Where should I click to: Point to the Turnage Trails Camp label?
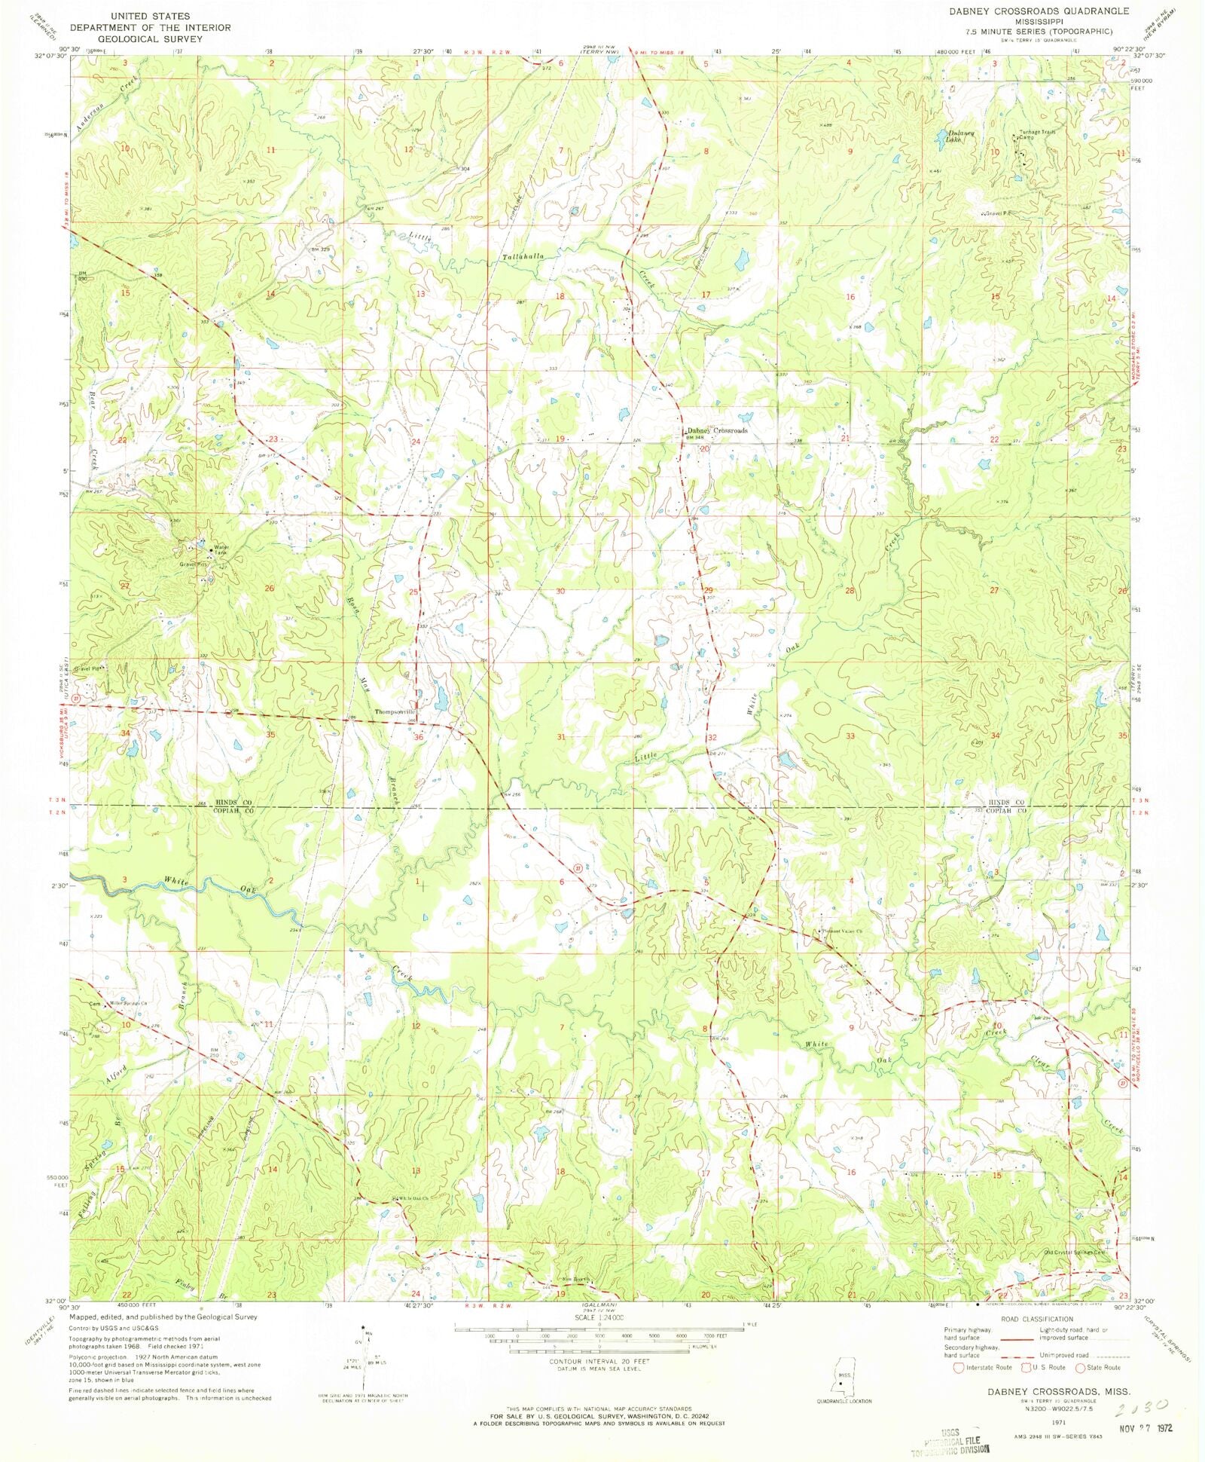(1038, 136)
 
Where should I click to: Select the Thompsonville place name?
(395, 711)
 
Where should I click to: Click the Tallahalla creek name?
(523, 257)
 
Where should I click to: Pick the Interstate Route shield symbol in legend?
(959, 1367)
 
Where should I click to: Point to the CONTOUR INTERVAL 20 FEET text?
(599, 1362)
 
